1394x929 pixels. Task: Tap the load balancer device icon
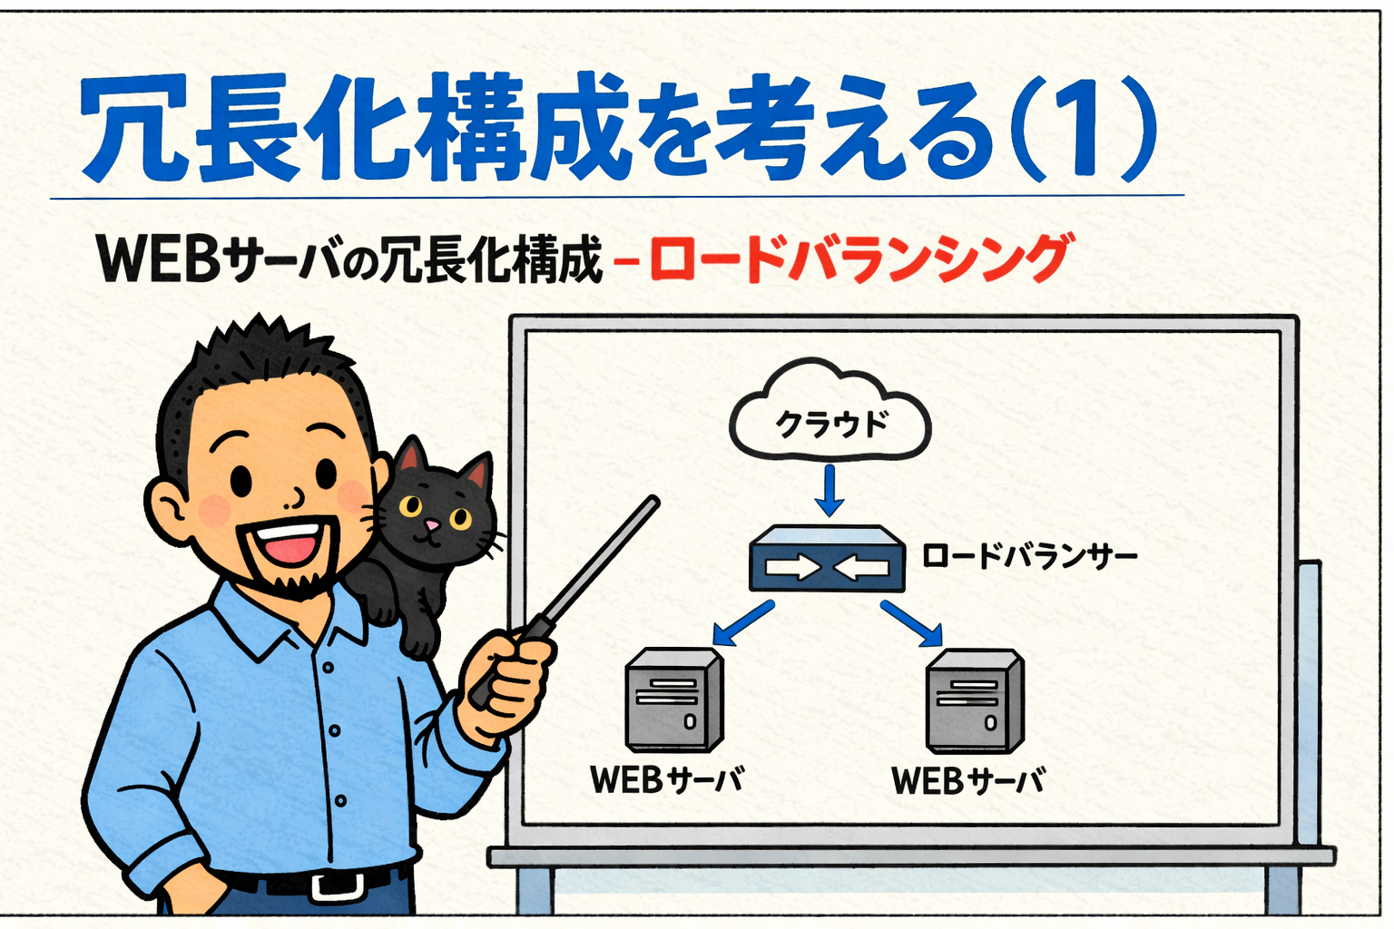(x=827, y=561)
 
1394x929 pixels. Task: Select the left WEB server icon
(x=673, y=699)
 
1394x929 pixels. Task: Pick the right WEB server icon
(x=974, y=701)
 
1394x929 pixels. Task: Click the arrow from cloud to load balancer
(x=829, y=490)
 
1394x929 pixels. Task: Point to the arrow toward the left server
(x=742, y=623)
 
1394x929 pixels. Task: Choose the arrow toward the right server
(x=911, y=624)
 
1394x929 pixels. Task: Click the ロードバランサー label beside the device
(x=1029, y=555)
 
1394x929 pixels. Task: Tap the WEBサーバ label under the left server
(x=666, y=779)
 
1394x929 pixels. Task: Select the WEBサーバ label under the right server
(x=967, y=780)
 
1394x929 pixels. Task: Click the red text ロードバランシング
(x=859, y=259)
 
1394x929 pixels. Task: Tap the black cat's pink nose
(x=433, y=525)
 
